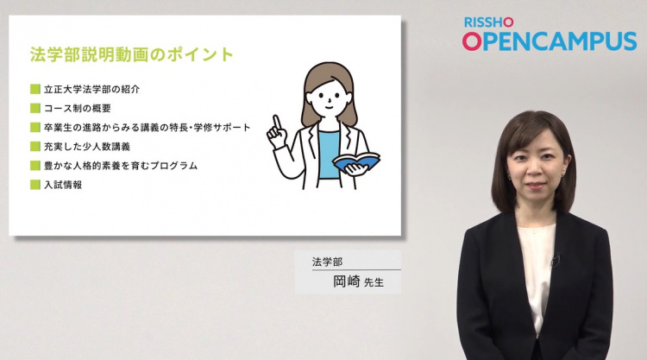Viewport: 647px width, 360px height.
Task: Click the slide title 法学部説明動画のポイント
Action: coord(132,54)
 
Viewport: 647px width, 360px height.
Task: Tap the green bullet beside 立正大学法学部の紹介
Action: coord(35,89)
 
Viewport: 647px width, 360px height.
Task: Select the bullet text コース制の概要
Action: coord(78,109)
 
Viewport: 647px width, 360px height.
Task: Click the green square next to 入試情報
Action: coord(35,185)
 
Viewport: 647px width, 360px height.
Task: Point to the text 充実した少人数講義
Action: coord(87,147)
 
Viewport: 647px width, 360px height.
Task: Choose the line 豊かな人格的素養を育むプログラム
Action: coord(121,166)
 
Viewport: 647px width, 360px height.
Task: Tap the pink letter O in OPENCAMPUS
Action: coord(472,41)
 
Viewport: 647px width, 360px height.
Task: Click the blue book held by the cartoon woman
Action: coord(356,161)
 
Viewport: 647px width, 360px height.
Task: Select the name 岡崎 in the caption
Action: coord(347,281)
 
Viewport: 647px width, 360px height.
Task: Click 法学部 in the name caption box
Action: coord(327,262)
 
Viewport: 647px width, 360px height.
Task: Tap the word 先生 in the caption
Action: coord(374,283)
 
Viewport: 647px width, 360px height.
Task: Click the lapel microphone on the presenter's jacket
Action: coord(556,259)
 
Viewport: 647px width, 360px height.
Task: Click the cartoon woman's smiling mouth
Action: coord(329,107)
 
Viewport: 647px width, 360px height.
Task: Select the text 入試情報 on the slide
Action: coord(63,185)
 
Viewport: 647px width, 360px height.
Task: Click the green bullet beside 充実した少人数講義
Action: coord(35,147)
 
